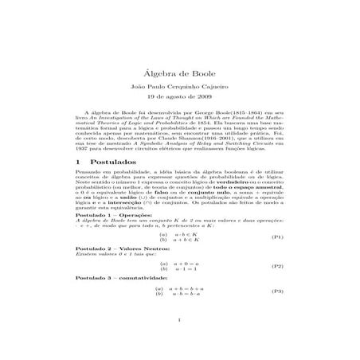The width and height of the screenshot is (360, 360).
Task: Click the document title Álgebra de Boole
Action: point(179,51)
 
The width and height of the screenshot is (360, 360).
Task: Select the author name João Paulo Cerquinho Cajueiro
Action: point(179,69)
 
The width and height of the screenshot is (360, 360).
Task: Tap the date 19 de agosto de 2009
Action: point(179,82)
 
